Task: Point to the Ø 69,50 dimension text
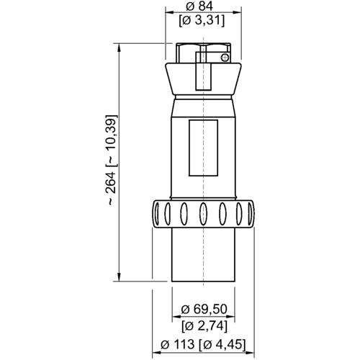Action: click(207, 308)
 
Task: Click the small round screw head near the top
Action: click(225, 58)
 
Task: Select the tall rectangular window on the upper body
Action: click(204, 148)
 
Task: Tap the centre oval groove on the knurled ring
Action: click(204, 212)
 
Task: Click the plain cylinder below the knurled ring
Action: click(204, 256)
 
